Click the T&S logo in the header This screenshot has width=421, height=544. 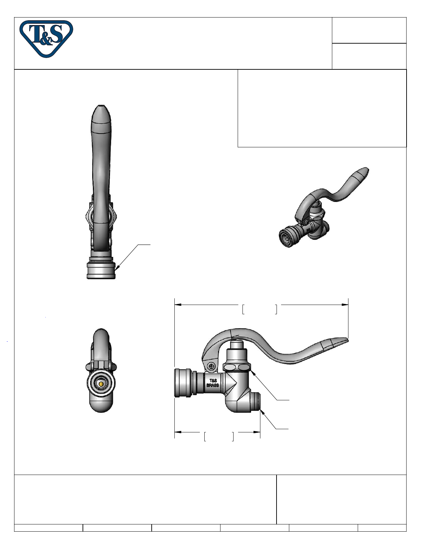(46, 38)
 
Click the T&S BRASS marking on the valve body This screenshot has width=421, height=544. (213, 383)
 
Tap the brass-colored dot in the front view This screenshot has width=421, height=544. (101, 384)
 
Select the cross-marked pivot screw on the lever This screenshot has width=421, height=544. (212, 366)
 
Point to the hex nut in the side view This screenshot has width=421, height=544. (237, 367)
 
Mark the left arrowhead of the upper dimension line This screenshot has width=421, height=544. (178, 305)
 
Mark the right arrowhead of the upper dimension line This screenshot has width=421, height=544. (345, 305)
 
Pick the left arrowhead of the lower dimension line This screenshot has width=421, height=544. (178, 432)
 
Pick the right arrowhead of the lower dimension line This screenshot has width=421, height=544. (257, 432)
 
